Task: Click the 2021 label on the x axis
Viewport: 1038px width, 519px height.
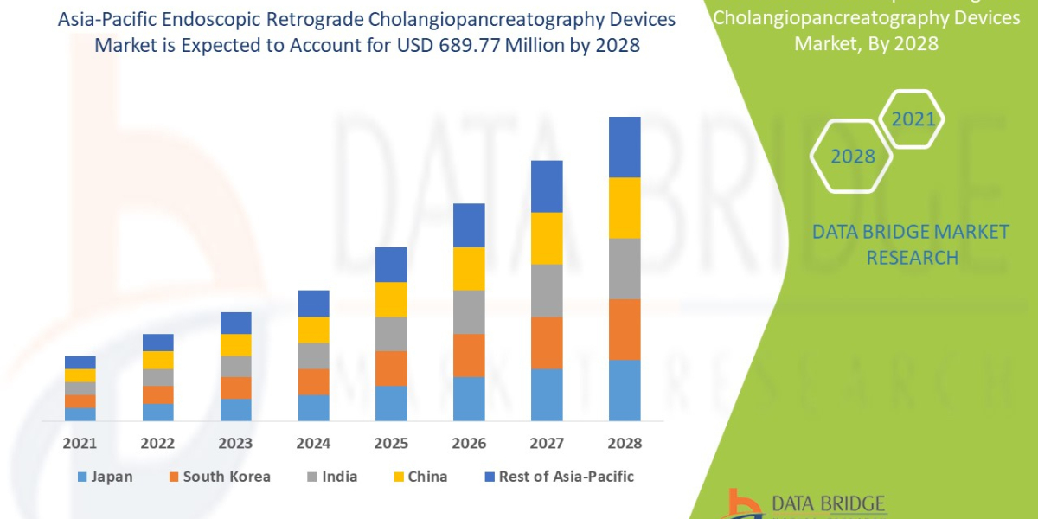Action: point(80,443)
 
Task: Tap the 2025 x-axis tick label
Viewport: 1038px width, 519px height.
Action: point(391,443)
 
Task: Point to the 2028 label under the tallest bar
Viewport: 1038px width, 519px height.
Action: point(625,443)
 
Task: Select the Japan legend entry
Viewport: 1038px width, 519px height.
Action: point(105,477)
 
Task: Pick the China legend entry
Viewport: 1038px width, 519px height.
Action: point(420,477)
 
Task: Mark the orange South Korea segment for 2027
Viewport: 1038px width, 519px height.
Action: point(547,343)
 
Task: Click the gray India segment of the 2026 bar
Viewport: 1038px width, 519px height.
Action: point(469,311)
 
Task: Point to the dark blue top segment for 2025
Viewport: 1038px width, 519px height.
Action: point(391,265)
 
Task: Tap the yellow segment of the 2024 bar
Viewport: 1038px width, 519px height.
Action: point(313,330)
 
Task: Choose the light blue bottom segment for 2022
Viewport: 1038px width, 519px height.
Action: point(157,412)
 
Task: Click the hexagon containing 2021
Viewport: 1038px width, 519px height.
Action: point(913,119)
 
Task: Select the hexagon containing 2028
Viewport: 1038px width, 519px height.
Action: point(853,157)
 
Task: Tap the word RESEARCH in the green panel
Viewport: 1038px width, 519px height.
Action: point(912,258)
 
